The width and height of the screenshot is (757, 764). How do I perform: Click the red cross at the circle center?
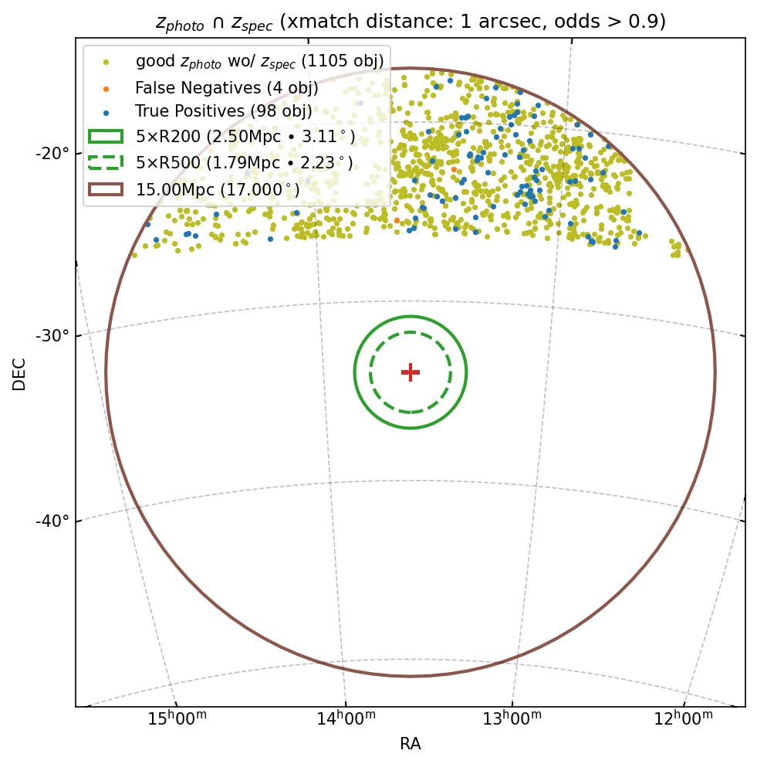(x=411, y=372)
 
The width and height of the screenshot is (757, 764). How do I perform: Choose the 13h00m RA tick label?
(x=512, y=719)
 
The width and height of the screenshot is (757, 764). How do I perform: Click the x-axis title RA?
(x=411, y=744)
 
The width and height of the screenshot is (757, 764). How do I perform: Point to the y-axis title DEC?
(x=19, y=373)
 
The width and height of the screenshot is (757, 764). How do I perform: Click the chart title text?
(x=411, y=22)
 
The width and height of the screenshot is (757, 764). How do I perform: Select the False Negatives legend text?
(x=226, y=88)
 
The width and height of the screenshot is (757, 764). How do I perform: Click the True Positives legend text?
(x=223, y=112)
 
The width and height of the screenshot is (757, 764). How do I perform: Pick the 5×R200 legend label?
(x=245, y=137)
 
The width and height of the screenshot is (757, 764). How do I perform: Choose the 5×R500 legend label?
(x=245, y=162)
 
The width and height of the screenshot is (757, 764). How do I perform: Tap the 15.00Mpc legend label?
(x=218, y=188)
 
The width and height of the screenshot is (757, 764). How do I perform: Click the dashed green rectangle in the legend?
(x=106, y=162)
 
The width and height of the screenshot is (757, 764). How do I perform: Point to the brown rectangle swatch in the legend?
(x=106, y=188)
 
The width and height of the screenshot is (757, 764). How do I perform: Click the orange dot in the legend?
(x=106, y=88)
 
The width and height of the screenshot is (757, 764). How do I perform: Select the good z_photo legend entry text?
(x=259, y=61)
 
